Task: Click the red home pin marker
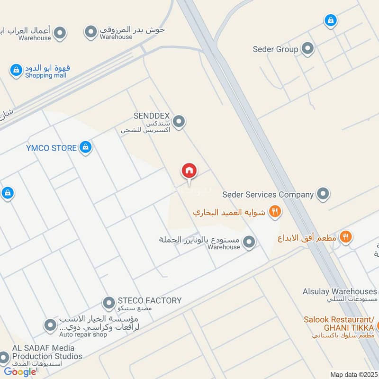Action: point(189,171)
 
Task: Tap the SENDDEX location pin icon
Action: point(179,122)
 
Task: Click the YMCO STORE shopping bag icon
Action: point(85,147)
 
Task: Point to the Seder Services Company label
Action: point(268,194)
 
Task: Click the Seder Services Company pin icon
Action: point(323,194)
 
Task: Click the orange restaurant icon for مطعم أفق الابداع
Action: point(346,237)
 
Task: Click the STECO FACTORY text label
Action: point(149,300)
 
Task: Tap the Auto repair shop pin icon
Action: point(50,325)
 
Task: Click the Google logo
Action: point(20,371)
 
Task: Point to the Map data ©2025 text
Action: point(352,374)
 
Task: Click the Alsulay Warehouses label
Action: point(340,291)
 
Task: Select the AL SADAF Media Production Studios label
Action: point(47,352)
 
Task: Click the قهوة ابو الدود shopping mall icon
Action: point(16,71)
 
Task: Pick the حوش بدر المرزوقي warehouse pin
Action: point(90,32)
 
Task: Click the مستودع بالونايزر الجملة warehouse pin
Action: point(249,243)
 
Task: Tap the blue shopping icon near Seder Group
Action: point(330,20)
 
